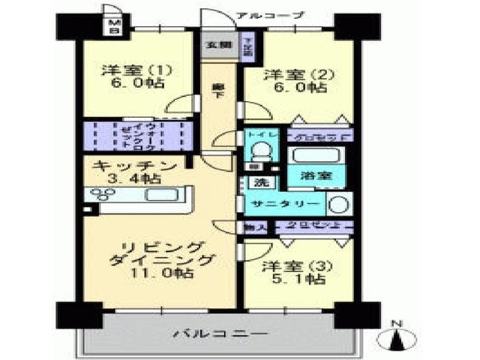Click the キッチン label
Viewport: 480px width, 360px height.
click(136, 165)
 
